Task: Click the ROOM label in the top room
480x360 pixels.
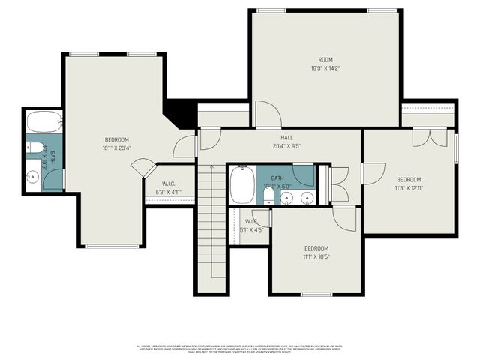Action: pos(325,60)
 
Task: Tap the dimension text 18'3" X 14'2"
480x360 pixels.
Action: pos(325,68)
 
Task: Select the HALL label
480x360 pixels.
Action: pos(287,138)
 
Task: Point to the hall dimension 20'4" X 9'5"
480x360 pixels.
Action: pos(287,146)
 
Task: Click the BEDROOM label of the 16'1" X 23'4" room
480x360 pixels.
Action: pos(116,139)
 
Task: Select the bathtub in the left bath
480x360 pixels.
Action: pos(44,121)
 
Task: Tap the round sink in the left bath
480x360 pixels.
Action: pos(32,178)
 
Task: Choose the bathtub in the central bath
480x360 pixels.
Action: pos(242,185)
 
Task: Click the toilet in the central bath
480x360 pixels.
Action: pos(268,196)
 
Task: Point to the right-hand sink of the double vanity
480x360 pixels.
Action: pos(307,199)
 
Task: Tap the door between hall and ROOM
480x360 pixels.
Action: pos(267,115)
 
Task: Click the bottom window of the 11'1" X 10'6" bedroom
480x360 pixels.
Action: pos(316,294)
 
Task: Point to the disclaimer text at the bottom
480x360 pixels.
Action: pos(240,349)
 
